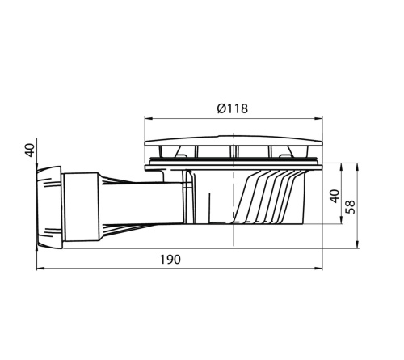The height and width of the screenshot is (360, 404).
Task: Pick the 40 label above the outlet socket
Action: click(x=30, y=150)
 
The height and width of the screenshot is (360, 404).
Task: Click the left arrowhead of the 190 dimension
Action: click(x=38, y=268)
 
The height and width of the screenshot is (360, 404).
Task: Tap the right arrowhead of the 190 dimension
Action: click(x=322, y=268)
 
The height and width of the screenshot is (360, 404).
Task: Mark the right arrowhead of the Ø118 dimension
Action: click(x=322, y=120)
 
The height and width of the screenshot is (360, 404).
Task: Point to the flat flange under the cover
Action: click(x=234, y=167)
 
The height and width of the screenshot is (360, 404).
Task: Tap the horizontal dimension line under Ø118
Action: click(x=194, y=120)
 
